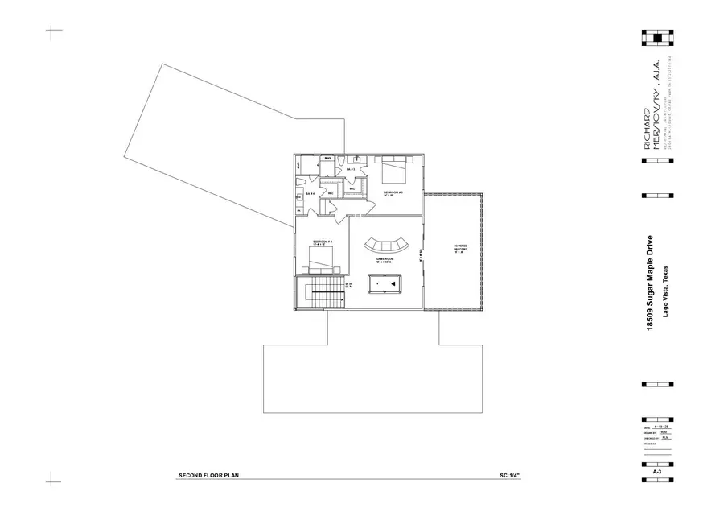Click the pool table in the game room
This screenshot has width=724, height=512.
tap(385, 283)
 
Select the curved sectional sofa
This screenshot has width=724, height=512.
tap(385, 244)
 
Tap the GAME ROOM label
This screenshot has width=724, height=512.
tap(385, 259)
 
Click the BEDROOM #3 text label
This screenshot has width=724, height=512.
tap(393, 192)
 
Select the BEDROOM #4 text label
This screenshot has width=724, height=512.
tap(323, 242)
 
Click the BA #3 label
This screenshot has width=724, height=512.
tap(350, 169)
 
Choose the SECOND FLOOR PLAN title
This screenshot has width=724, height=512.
tap(208, 476)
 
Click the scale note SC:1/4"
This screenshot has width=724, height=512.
tap(510, 476)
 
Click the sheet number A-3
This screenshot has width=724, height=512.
tap(657, 471)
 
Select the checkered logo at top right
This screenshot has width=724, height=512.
tap(658, 36)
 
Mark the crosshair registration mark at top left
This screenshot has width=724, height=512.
tap(53, 33)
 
